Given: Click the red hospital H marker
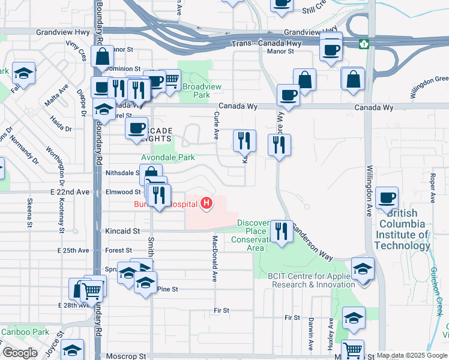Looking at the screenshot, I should [206, 204].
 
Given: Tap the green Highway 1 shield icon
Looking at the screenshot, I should [364, 44].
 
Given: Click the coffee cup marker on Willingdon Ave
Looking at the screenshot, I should [387, 197].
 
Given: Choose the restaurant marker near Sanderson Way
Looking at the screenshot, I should [280, 230].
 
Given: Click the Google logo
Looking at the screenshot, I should [20, 353].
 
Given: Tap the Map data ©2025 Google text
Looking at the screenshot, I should [412, 356].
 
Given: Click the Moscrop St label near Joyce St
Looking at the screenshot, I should [122, 356].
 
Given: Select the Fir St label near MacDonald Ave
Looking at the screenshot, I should [221, 310].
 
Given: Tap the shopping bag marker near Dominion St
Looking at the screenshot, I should [103, 57].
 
